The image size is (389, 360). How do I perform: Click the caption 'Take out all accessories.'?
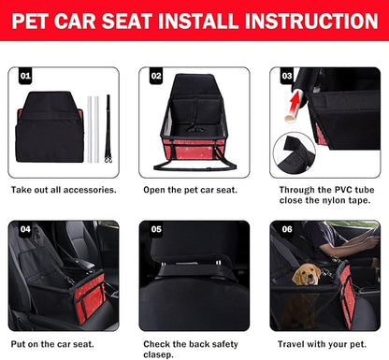[63, 190]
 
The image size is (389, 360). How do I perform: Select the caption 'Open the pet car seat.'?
[192, 190]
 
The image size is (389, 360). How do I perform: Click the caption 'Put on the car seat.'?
[54, 344]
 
